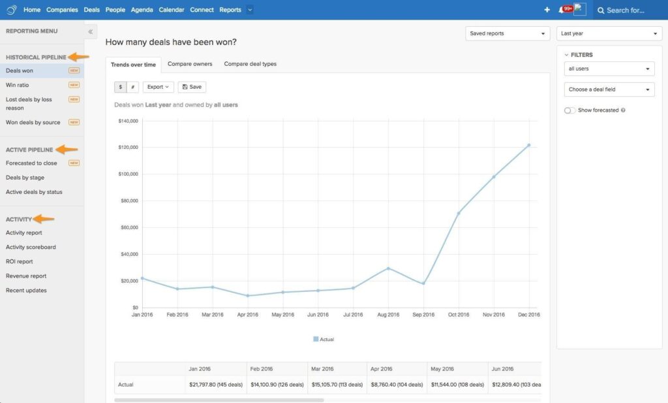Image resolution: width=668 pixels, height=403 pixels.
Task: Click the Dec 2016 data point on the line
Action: (x=529, y=145)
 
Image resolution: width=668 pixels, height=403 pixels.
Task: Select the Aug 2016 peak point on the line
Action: (x=388, y=268)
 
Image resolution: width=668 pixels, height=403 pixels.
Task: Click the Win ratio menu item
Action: (x=18, y=85)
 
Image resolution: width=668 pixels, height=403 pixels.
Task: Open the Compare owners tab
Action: (x=190, y=64)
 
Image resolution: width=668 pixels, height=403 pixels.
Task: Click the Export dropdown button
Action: (x=159, y=87)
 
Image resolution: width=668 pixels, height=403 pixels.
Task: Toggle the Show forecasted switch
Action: (x=569, y=110)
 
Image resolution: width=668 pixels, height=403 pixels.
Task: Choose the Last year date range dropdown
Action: (x=609, y=33)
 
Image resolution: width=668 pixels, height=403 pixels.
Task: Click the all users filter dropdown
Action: (x=609, y=69)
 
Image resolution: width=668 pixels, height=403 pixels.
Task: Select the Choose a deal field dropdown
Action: (x=609, y=89)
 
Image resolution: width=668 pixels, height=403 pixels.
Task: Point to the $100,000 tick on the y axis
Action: (x=128, y=174)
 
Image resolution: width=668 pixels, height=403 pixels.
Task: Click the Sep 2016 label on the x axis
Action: (x=423, y=315)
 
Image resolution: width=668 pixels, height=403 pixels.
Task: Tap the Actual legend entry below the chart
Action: (x=324, y=340)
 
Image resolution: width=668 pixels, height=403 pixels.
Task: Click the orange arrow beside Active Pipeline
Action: (x=67, y=150)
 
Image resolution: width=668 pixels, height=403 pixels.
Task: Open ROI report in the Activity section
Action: (x=20, y=261)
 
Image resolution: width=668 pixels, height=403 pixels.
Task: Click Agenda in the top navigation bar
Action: (x=142, y=10)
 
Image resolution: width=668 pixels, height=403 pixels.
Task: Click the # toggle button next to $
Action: (x=132, y=87)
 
